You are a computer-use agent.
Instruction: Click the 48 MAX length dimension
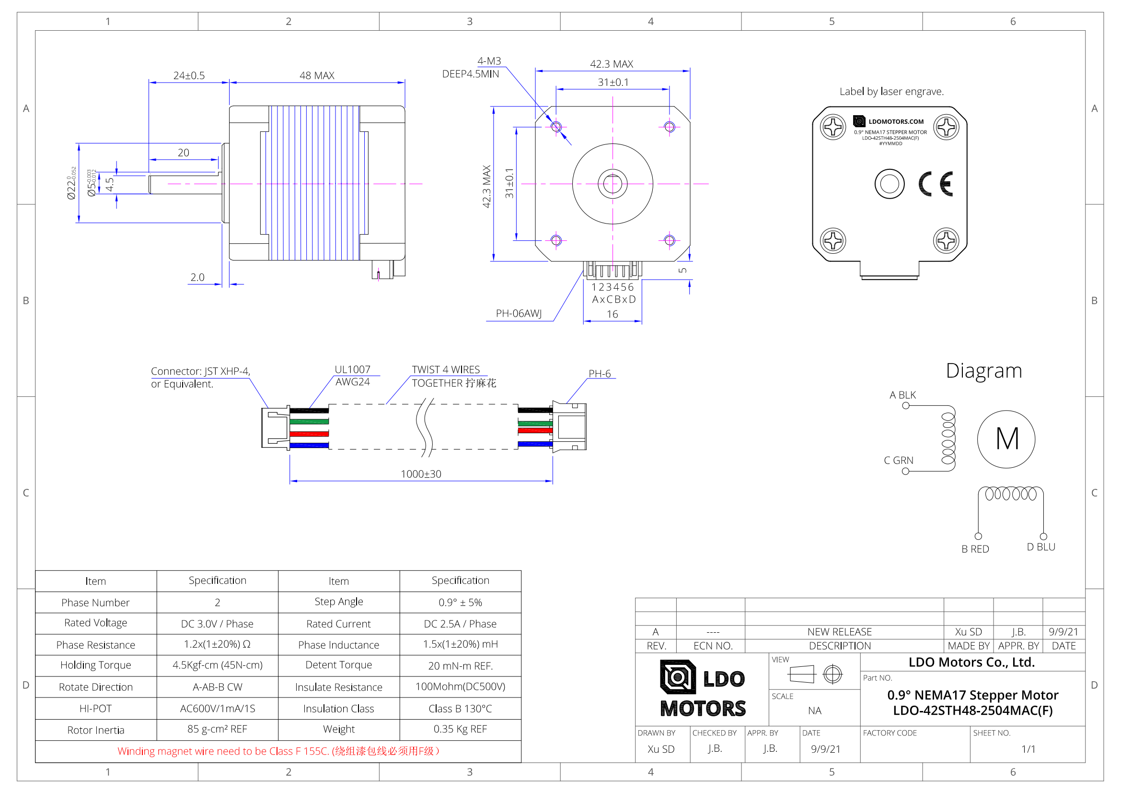(x=316, y=76)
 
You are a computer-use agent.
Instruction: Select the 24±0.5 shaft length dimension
(x=189, y=76)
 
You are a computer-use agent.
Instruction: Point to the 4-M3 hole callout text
(x=489, y=61)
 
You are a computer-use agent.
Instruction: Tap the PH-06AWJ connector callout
(x=519, y=314)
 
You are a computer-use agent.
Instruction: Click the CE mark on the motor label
(x=935, y=184)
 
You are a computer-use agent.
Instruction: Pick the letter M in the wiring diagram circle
(x=1006, y=439)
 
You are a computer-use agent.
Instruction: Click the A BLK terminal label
(x=902, y=395)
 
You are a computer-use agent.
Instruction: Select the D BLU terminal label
(x=1040, y=547)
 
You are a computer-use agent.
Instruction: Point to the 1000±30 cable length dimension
(x=421, y=474)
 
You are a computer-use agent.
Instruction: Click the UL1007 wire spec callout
(x=353, y=370)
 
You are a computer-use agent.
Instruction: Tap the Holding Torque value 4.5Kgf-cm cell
(x=217, y=665)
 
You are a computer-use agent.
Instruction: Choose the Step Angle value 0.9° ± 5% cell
(x=460, y=603)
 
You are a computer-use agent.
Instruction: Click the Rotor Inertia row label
(x=96, y=731)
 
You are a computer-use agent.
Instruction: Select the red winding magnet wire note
(x=278, y=751)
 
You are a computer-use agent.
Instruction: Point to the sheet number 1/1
(x=1028, y=749)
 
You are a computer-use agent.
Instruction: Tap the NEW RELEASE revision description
(x=839, y=632)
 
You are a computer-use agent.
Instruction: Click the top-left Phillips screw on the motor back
(x=832, y=128)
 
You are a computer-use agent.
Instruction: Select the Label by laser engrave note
(x=891, y=92)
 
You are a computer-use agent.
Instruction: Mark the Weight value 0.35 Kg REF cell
(x=460, y=730)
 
